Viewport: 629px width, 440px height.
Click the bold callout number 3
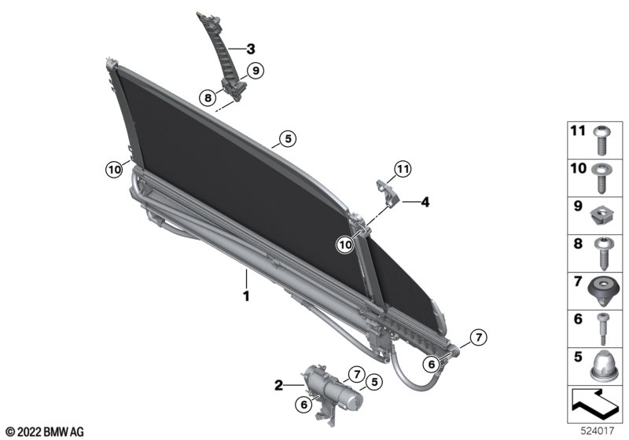pos(251,49)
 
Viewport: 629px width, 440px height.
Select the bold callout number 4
pos(425,203)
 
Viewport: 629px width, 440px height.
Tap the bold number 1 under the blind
pos(246,296)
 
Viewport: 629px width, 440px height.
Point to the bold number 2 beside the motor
pos(279,386)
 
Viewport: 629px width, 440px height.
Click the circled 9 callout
pos(255,71)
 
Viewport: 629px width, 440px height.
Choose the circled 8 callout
pos(208,97)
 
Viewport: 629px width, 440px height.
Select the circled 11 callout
pos(403,169)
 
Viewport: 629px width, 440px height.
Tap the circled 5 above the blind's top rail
pos(288,139)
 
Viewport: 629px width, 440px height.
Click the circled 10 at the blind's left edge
pos(114,170)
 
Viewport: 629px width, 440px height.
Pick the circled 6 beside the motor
pos(304,405)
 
